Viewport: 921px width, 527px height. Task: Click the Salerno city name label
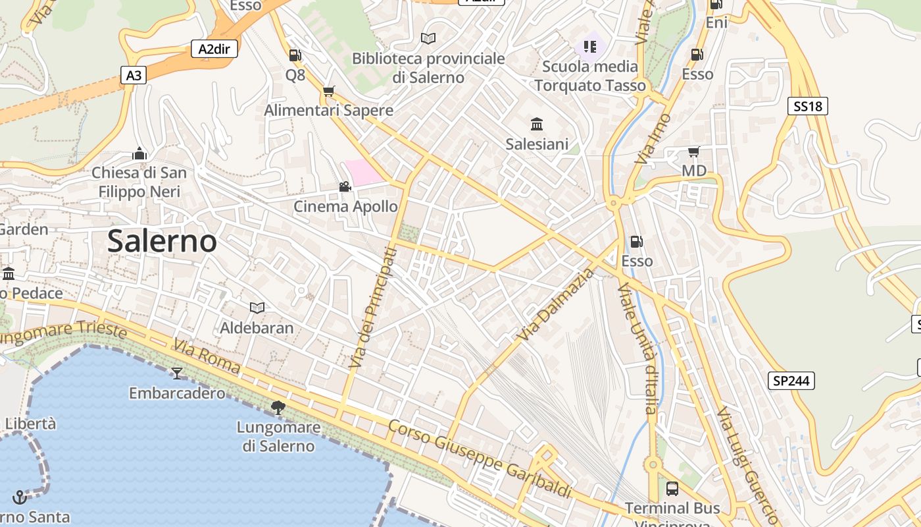click(x=162, y=241)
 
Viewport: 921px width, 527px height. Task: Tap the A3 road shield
click(x=134, y=76)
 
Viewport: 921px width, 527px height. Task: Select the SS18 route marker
click(x=807, y=106)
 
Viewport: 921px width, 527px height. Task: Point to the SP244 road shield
click(x=791, y=381)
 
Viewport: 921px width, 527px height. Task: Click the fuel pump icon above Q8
click(x=295, y=55)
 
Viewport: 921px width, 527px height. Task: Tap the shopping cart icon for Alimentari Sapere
click(x=328, y=91)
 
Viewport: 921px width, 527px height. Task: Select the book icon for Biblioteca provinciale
click(x=428, y=39)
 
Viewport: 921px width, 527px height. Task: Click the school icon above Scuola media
click(x=589, y=46)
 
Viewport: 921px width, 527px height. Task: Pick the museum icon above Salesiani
click(x=537, y=124)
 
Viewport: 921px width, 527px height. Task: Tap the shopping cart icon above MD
click(x=693, y=152)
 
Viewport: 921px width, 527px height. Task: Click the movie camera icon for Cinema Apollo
click(x=345, y=187)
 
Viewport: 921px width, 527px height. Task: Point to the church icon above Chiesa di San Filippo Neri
click(x=139, y=154)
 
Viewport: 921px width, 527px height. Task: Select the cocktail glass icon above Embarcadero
click(x=176, y=374)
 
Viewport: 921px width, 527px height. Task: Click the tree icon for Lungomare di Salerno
click(x=278, y=408)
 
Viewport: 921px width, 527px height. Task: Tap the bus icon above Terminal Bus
click(x=672, y=488)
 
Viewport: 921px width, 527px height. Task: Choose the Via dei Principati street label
click(x=373, y=308)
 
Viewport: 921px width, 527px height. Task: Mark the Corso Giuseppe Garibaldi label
click(x=479, y=459)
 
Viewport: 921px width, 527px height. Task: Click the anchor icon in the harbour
click(x=20, y=497)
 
